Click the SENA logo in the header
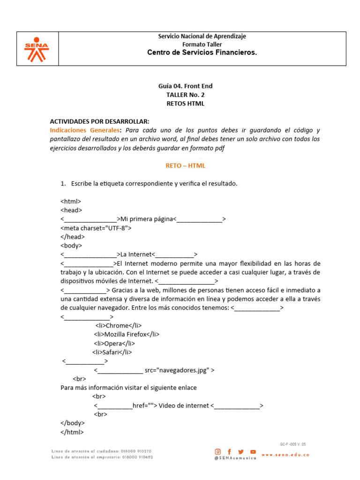tap(37, 49)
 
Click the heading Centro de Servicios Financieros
tap(202, 52)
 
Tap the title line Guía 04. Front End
tap(186, 86)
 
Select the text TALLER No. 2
tap(186, 95)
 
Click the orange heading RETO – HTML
tap(186, 165)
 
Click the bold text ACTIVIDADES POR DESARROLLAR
tap(99, 121)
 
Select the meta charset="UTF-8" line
tap(96, 228)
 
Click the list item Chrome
tap(118, 326)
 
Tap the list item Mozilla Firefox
tap(127, 334)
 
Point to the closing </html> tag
tap(72, 432)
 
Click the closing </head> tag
tap(73, 237)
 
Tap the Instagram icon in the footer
tap(218, 451)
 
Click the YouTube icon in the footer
tap(253, 451)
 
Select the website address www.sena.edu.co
tap(285, 455)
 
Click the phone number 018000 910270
tap(135, 451)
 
